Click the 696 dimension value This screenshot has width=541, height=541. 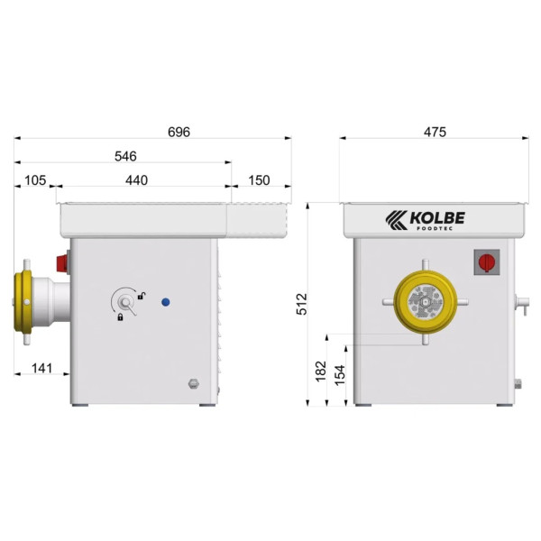tap(179, 132)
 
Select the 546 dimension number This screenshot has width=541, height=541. tap(125, 156)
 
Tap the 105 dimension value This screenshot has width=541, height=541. tap(35, 180)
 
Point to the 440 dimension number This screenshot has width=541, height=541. tap(137, 180)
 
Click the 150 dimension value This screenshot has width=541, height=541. tap(259, 180)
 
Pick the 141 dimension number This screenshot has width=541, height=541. tap(42, 368)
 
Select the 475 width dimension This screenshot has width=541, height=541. tap(435, 132)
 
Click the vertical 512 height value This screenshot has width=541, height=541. tap(301, 304)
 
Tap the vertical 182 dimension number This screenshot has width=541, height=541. tap(321, 371)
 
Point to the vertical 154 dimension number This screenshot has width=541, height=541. tap(340, 375)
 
